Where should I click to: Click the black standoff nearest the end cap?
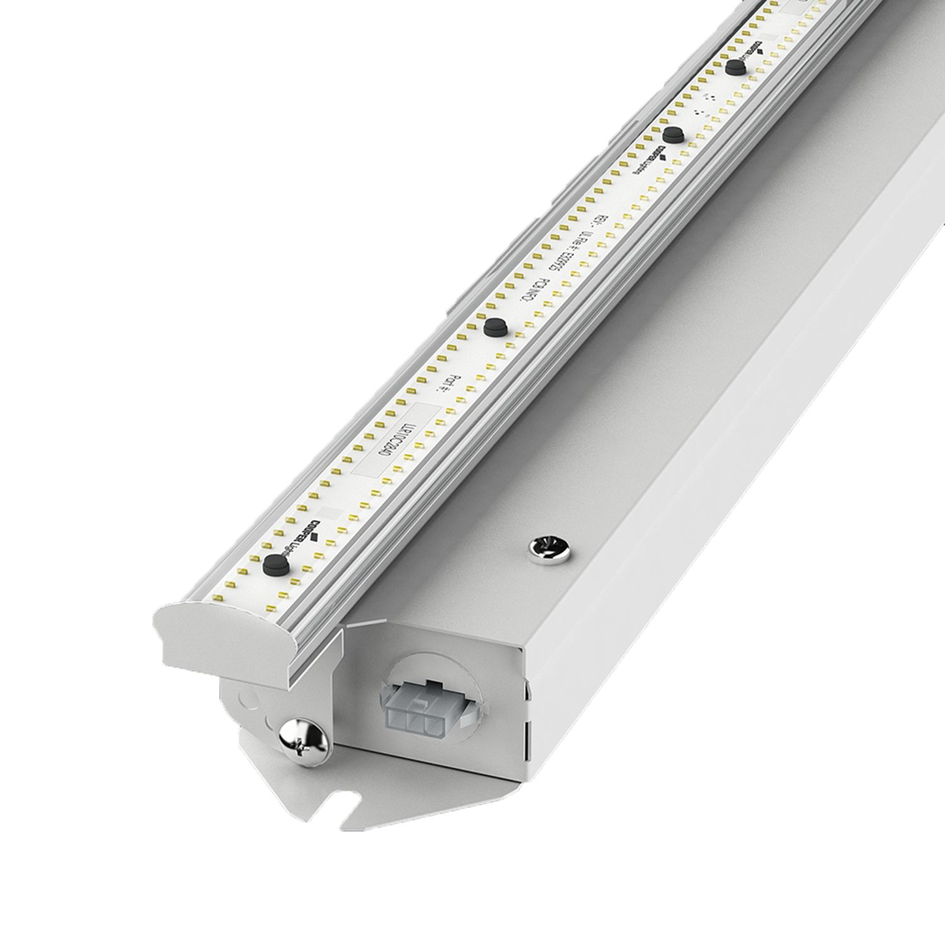coord(274,564)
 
